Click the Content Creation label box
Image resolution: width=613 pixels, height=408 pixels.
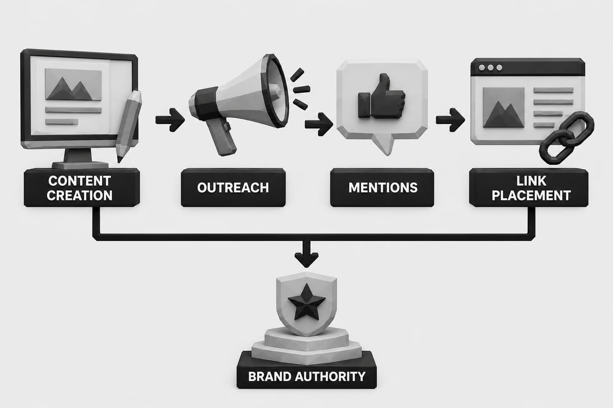82,188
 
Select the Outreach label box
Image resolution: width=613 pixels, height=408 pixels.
233,188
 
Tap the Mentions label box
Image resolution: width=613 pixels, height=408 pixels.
382,188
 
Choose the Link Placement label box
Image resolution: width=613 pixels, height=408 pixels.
529,188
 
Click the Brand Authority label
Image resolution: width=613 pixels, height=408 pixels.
306,376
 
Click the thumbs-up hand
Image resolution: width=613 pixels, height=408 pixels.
382,96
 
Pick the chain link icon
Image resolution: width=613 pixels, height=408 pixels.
567,138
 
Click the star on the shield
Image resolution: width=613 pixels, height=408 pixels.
306,302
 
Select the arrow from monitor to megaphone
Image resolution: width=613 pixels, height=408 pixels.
170,120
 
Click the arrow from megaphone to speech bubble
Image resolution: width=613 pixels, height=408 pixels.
319,124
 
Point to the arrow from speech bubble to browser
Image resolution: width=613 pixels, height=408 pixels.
450,120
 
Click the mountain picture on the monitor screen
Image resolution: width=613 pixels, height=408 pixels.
73,85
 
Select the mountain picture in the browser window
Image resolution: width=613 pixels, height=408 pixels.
504,108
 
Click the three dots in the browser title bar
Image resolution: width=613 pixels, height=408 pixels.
491,67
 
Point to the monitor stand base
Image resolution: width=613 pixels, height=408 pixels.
80,165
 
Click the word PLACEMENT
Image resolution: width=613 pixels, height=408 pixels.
531,195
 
